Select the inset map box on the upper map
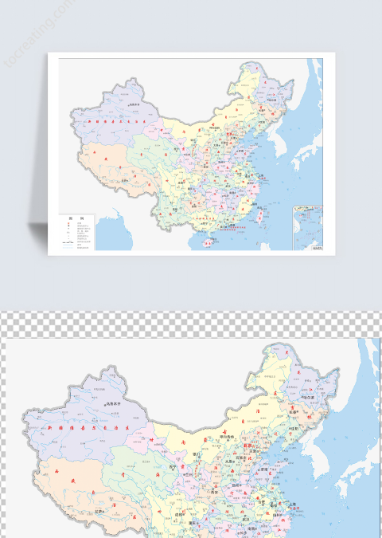306,227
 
